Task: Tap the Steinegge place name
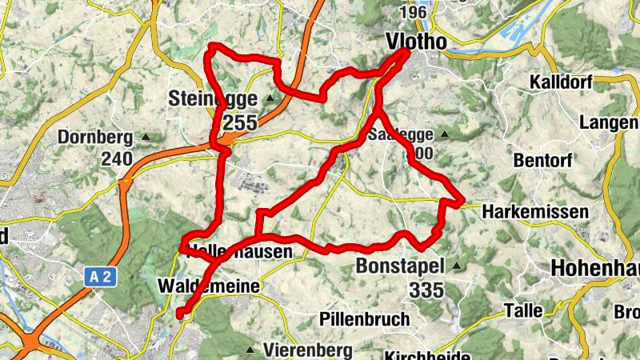tap(213, 99)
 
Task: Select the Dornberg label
tap(96, 138)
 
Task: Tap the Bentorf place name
tap(545, 160)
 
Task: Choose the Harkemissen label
tap(536, 213)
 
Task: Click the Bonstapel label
tap(401, 266)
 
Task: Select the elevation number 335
tap(426, 290)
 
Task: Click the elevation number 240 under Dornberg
tap(117, 159)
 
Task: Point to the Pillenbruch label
tap(364, 318)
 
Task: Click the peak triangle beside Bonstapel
tap(457, 266)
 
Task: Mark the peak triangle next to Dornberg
tap(146, 138)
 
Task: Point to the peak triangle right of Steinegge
tap(270, 99)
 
